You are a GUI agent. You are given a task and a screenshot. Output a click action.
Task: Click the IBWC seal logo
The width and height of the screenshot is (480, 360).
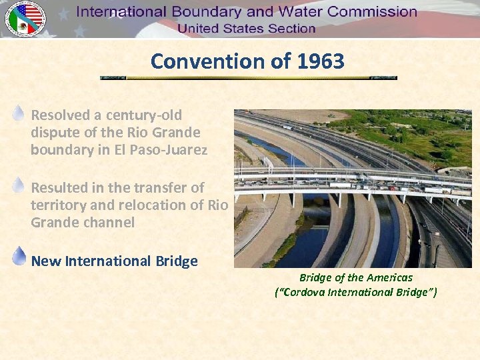coord(25,18)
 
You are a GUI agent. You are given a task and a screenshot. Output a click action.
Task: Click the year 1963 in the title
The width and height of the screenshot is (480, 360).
coord(321,61)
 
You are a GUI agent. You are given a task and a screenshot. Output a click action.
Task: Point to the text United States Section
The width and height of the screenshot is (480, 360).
coord(246,29)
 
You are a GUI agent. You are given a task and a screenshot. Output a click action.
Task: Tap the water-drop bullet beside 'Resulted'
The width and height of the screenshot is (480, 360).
coord(19,185)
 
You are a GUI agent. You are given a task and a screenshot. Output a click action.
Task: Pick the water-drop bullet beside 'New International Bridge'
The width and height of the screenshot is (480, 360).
coord(19,257)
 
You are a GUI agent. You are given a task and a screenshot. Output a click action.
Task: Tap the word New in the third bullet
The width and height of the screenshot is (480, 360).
coord(46,261)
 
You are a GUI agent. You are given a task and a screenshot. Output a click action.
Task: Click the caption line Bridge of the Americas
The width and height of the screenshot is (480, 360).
coord(355,277)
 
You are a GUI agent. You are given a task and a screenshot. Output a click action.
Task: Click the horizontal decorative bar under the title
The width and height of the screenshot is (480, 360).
coord(248,78)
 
